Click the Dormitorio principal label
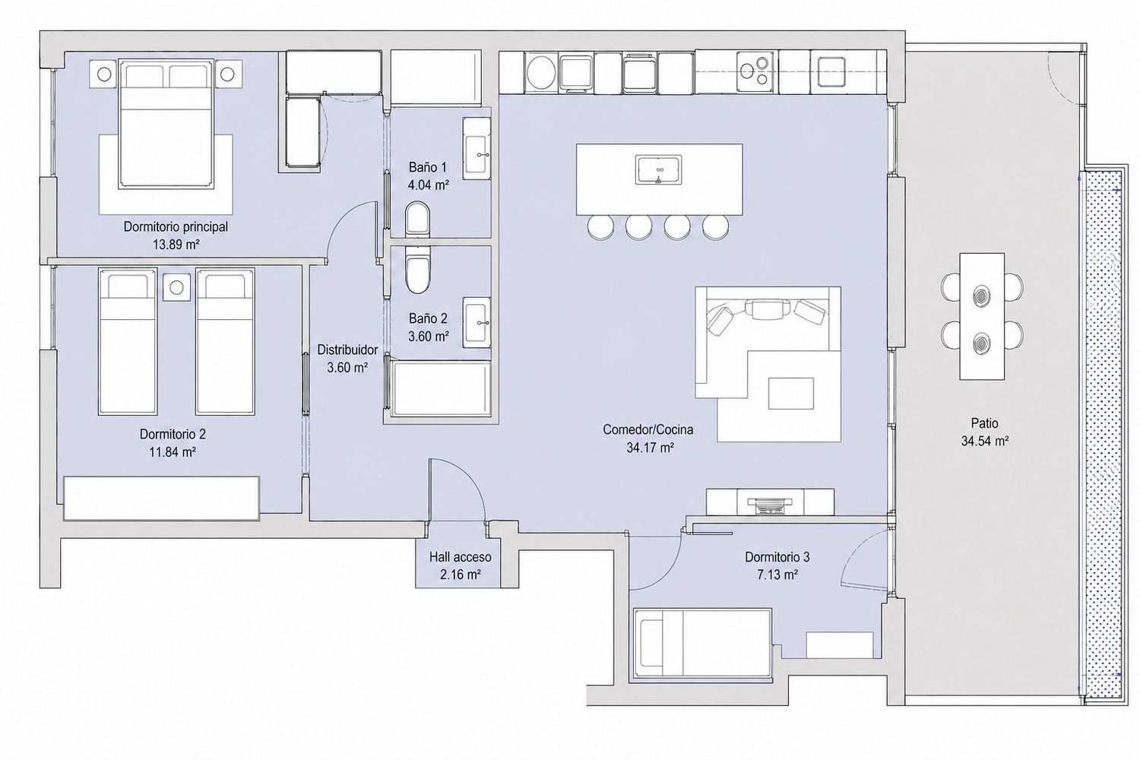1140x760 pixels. [176, 226]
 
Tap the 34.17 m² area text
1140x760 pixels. [651, 448]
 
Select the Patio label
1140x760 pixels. [985, 423]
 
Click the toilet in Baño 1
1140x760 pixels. [418, 219]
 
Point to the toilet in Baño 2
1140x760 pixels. [418, 274]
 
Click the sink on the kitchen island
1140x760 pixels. [658, 169]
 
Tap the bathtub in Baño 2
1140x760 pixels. [440, 388]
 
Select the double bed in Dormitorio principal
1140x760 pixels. [165, 124]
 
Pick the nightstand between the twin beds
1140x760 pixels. [176, 287]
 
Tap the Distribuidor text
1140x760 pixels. [347, 350]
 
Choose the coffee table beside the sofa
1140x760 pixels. [791, 393]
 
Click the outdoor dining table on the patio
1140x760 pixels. [982, 316]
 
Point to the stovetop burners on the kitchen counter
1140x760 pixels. [755, 71]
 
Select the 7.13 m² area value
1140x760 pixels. [777, 575]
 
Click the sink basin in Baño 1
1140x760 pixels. [477, 154]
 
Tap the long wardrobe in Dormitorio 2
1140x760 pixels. [162, 499]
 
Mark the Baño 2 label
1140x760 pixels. [428, 318]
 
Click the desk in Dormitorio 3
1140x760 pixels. [840, 645]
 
